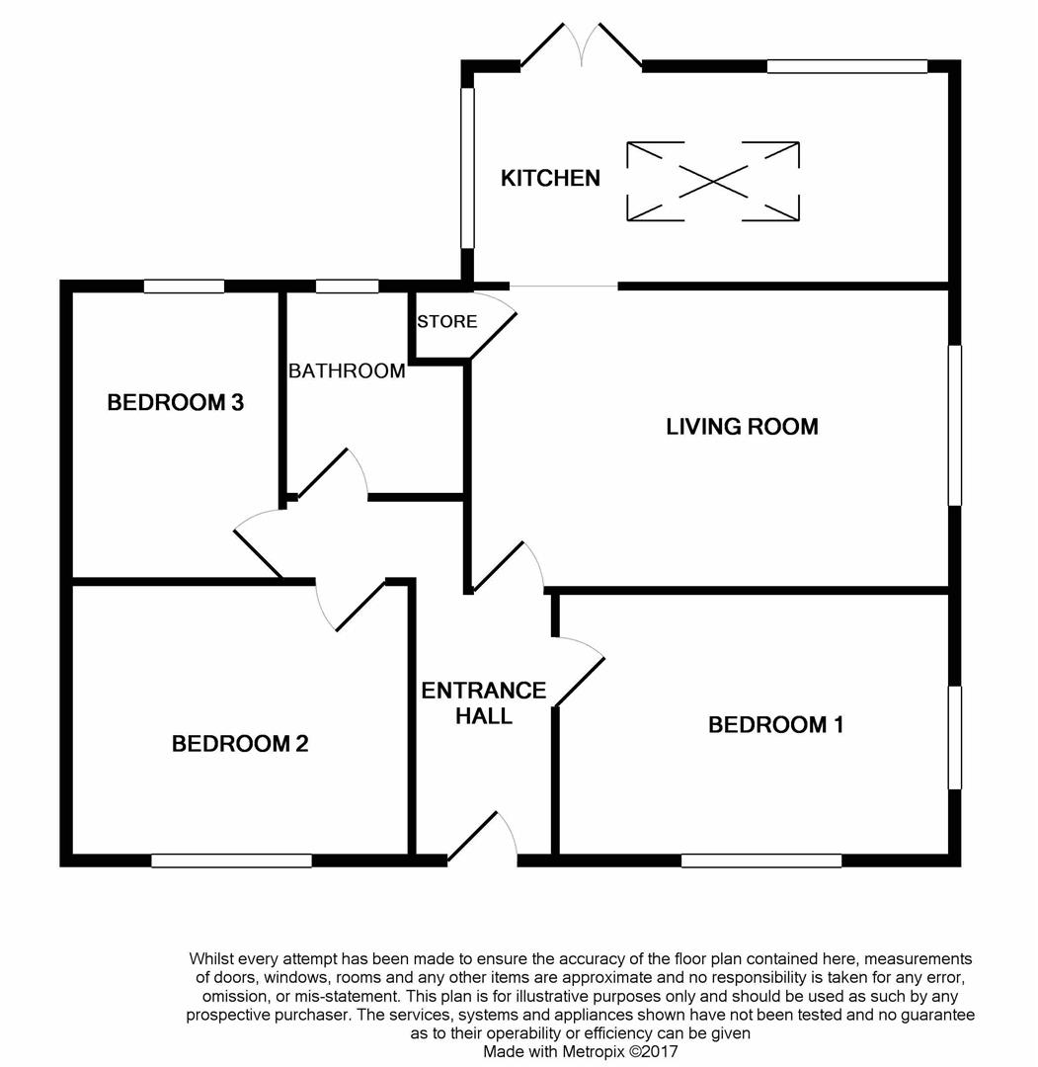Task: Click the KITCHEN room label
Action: point(550,178)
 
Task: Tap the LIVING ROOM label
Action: point(742,427)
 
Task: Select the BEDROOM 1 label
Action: point(776,725)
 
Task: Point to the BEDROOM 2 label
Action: point(240,744)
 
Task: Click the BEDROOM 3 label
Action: point(176,403)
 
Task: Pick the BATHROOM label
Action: point(347,370)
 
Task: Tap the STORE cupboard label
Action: point(446,321)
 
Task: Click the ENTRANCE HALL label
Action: point(484,703)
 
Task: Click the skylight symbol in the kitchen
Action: point(713,181)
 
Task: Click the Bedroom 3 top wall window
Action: point(185,287)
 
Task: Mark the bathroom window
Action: point(347,287)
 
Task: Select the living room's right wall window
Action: point(955,425)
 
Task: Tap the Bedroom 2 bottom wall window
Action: point(231,861)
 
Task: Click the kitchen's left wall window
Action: point(467,167)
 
